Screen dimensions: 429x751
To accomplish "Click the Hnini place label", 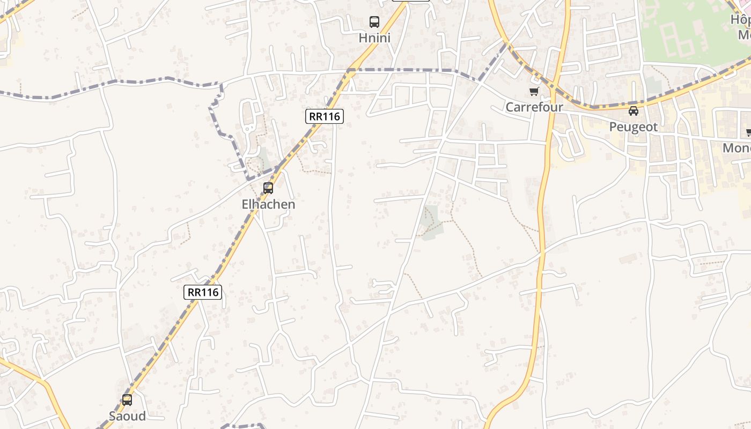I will (374, 38).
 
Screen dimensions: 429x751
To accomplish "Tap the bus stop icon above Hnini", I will (374, 22).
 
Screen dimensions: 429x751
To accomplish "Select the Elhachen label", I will (268, 204).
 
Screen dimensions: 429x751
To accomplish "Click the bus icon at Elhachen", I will (268, 188).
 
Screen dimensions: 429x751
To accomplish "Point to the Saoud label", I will (127, 416).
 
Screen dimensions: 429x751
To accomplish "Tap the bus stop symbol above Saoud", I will (127, 400).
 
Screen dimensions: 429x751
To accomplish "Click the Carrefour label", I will (534, 107).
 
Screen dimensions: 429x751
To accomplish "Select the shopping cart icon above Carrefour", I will (534, 92).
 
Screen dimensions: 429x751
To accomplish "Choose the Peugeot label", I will (634, 127).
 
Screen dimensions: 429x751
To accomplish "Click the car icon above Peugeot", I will (634, 111).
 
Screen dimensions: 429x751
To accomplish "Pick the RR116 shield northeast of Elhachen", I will (325, 116).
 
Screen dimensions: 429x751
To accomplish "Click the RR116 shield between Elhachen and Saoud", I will (203, 292).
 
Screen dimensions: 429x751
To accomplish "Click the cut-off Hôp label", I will (741, 19).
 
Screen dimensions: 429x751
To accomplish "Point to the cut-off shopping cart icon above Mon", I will (748, 132).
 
